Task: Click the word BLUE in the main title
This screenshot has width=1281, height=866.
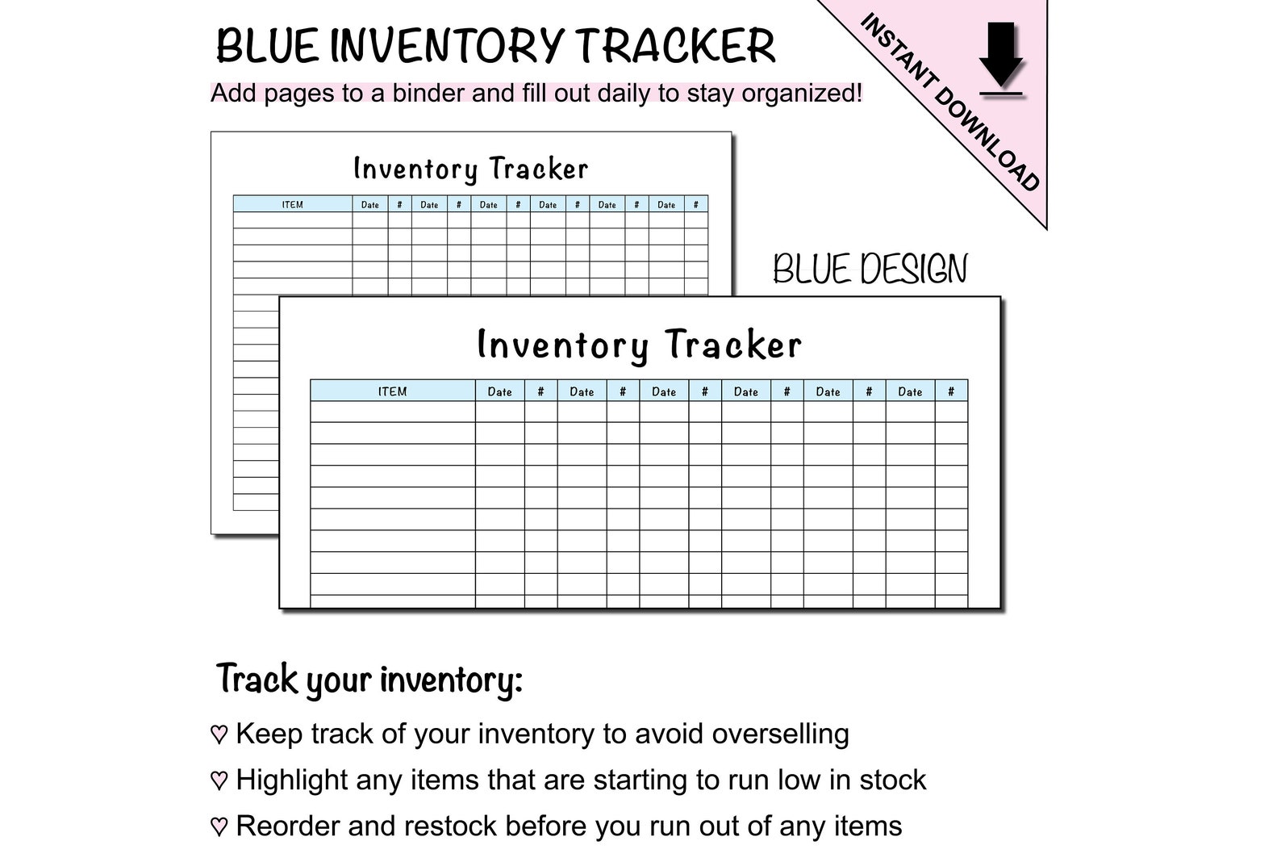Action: (267, 46)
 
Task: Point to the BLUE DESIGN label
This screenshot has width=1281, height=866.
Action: (870, 270)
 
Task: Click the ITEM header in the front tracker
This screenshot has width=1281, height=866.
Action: (392, 391)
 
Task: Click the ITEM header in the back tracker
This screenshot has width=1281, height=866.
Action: (292, 205)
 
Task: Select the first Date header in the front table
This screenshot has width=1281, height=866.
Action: (499, 391)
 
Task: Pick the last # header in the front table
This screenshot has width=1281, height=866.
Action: (951, 391)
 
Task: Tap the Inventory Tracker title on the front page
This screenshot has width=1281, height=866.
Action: (639, 345)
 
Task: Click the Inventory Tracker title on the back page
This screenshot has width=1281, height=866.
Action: (471, 169)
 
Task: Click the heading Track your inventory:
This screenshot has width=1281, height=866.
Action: (369, 680)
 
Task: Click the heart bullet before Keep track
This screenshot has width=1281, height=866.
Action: (219, 734)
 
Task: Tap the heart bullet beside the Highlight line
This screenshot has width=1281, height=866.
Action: (219, 780)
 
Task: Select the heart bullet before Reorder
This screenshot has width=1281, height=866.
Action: (219, 826)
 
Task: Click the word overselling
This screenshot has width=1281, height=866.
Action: (780, 734)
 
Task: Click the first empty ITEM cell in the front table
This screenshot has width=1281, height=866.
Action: (392, 412)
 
